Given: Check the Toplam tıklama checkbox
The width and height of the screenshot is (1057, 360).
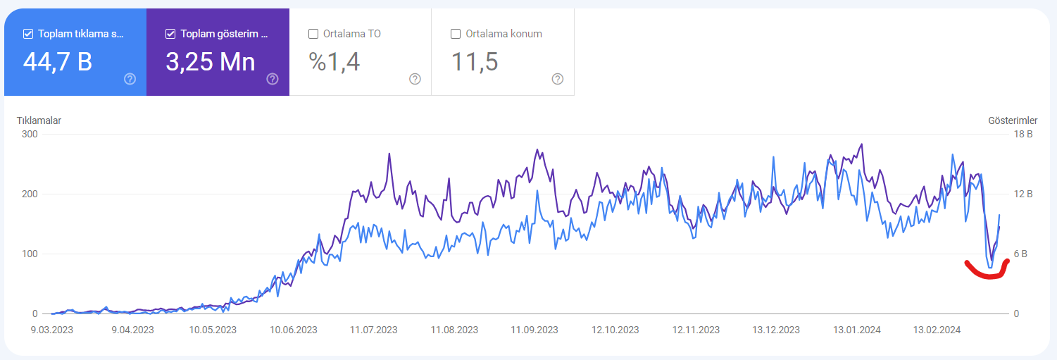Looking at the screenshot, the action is click(x=28, y=34).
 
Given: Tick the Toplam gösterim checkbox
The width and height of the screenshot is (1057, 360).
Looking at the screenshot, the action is click(x=171, y=34).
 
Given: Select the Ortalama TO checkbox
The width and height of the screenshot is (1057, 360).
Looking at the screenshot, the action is click(x=313, y=34).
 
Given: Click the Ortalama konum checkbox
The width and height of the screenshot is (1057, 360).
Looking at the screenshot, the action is click(x=456, y=34).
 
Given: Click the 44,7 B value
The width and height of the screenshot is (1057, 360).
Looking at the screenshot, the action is click(x=58, y=62).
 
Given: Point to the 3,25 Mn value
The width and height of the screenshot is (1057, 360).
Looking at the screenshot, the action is click(x=211, y=62).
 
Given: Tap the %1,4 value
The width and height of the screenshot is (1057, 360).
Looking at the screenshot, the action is click(x=334, y=62).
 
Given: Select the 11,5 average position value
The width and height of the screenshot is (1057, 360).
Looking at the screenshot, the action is click(x=474, y=62).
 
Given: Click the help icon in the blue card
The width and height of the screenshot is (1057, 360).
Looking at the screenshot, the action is click(x=130, y=79).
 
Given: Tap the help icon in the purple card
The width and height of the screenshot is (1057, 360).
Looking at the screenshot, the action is click(x=273, y=79).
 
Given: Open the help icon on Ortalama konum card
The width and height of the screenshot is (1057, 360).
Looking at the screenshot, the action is click(x=557, y=79).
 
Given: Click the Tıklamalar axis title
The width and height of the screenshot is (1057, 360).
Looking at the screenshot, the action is click(x=39, y=120).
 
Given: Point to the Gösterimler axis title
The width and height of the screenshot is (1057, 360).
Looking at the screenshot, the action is click(x=1013, y=120).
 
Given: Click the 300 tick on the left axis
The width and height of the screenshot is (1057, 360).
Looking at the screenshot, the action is click(x=30, y=134).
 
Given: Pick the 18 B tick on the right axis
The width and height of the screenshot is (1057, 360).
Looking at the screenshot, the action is click(x=1023, y=134).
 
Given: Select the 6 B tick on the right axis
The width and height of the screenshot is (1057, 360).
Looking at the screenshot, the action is click(x=1020, y=254).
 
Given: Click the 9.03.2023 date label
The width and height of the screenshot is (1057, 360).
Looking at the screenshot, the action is click(x=52, y=330).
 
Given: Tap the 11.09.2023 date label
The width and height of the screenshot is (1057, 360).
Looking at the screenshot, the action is click(x=534, y=330).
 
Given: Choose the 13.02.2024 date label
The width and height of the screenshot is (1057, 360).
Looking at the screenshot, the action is click(x=937, y=330).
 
